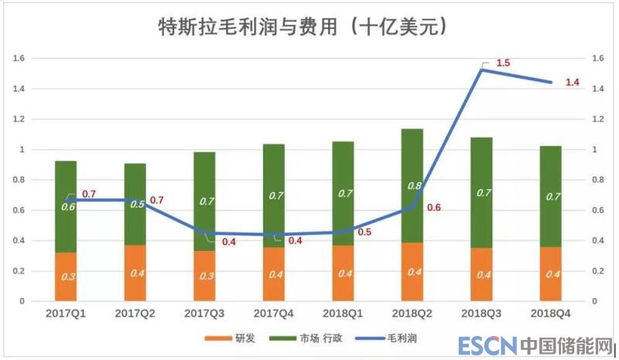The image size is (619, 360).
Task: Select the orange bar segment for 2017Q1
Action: point(66,276)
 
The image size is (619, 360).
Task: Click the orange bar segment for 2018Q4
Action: point(551,273)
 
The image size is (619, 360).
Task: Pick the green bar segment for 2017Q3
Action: point(204,201)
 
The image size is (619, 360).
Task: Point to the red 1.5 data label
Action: point(502,63)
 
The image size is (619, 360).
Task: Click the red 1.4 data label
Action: point(572,83)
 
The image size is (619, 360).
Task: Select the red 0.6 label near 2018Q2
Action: point(433,207)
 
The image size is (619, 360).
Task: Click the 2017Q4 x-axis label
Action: point(274,314)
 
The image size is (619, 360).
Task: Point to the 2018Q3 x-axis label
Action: point(481,314)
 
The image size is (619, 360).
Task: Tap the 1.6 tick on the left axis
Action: point(19,58)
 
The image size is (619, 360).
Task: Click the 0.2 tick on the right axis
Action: point(597,271)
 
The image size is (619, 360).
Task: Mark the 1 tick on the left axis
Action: point(22,149)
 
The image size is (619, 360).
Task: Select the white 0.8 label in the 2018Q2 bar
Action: point(413,186)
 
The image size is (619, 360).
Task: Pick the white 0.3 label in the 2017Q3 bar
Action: point(204,276)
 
